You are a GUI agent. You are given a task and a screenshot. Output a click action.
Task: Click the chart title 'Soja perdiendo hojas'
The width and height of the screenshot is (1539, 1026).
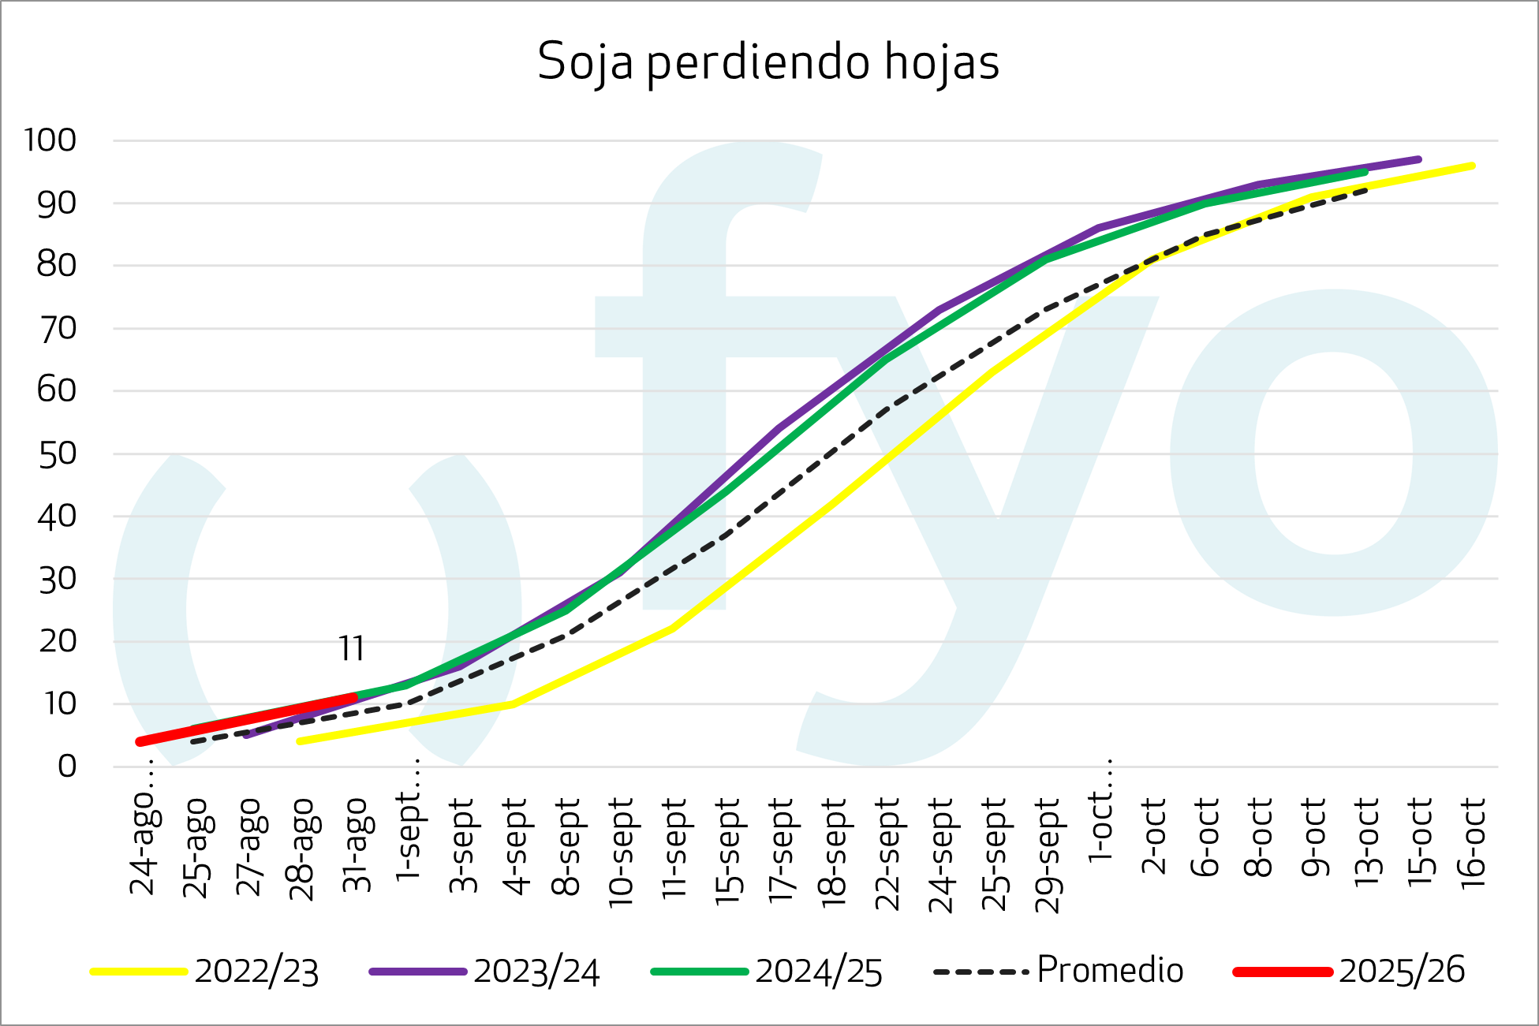(768, 62)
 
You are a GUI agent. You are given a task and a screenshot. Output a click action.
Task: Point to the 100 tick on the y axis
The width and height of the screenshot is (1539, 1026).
(50, 140)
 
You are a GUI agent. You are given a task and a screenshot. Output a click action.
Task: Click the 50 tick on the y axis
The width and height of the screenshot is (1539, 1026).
(57, 453)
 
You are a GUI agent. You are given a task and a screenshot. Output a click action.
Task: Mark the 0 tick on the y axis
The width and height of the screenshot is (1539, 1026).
(67, 766)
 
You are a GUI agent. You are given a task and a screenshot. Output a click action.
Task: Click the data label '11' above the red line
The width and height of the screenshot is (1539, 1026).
(352, 648)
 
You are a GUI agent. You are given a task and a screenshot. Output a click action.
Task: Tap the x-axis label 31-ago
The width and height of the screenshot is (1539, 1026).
(357, 845)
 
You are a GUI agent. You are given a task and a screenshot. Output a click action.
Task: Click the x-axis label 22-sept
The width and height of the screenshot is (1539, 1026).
(888, 853)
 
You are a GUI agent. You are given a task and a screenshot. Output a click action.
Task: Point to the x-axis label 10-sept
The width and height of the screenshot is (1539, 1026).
(622, 852)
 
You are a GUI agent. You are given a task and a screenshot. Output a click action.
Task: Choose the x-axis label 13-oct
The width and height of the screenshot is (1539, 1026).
(1367, 842)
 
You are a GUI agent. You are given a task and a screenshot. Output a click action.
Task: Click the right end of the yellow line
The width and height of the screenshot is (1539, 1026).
(1472, 166)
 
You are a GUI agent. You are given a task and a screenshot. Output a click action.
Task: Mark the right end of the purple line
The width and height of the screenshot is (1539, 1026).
(1418, 159)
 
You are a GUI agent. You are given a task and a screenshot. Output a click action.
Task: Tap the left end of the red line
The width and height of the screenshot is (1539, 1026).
(140, 741)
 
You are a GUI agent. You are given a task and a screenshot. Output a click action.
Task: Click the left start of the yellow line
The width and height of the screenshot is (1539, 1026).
(300, 741)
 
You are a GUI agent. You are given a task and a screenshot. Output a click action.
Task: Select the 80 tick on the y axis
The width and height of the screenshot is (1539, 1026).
(57, 266)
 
